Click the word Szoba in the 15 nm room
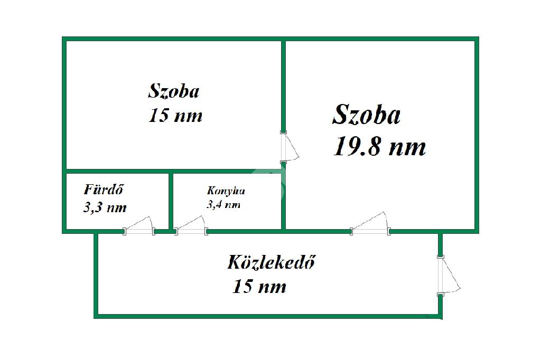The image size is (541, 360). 174,91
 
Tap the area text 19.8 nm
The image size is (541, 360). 379,147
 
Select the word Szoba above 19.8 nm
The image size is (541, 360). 366,115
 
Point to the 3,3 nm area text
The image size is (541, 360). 105,207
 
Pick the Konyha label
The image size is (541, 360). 226,191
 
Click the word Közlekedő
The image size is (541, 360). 271,262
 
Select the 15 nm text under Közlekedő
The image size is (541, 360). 259,287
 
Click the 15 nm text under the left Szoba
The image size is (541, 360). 175,116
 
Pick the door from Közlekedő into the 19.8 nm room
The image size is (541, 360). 371,224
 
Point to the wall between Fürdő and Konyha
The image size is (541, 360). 171,201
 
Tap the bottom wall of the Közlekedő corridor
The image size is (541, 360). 264,316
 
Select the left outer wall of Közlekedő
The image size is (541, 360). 97,274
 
